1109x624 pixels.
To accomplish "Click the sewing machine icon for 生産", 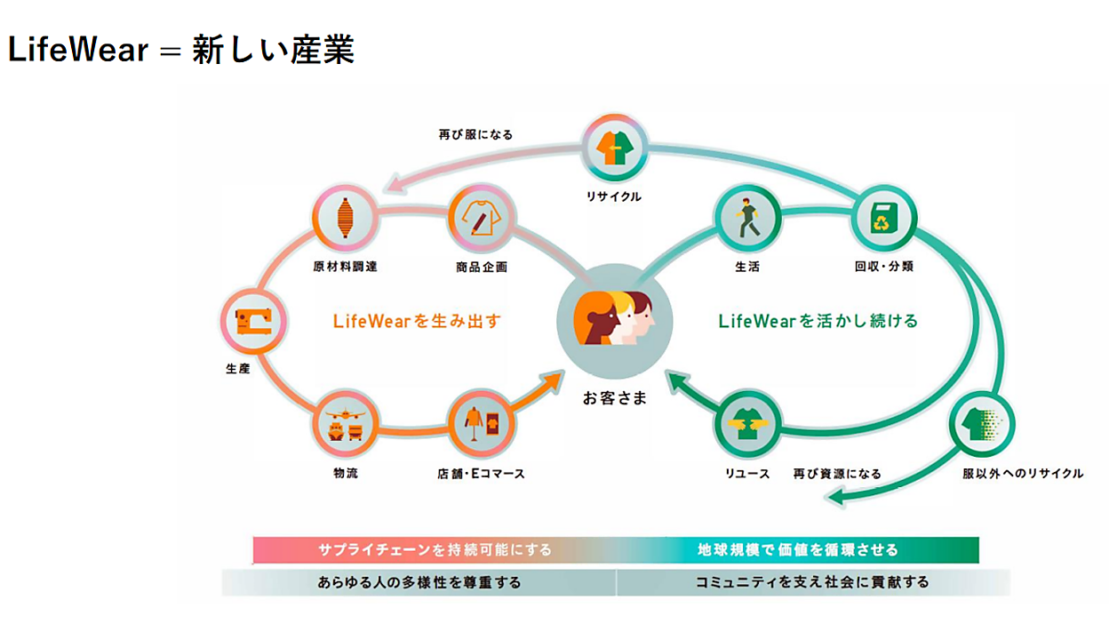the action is tap(253, 322).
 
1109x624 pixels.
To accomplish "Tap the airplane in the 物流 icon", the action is tap(345, 413).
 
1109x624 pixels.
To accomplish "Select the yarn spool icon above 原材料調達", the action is tap(345, 218).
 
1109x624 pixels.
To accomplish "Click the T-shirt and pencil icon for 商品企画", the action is tap(482, 218).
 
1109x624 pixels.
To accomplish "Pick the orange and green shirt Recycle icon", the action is tap(614, 148).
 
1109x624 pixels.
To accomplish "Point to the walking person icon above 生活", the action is tap(747, 218).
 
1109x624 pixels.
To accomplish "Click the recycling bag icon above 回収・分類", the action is tap(883, 218).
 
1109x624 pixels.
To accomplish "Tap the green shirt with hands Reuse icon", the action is tap(747, 424).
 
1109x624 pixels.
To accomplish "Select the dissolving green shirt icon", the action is tap(982, 424).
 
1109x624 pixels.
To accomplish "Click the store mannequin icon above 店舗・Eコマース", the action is tap(482, 424).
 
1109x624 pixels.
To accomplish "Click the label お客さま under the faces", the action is tap(614, 398).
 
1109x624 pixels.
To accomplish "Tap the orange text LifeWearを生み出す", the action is tap(417, 322).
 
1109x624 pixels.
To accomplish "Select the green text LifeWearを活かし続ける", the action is tap(818, 322).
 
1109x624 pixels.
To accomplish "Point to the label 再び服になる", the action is tap(475, 135).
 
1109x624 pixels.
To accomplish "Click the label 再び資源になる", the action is tap(837, 474).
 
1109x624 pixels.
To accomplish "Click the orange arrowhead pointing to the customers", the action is tap(553, 380).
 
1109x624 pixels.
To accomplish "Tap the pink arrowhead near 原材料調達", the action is tap(397, 183).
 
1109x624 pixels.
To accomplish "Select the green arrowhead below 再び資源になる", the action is tap(836, 497).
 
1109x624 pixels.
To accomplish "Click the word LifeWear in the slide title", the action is tap(78, 50).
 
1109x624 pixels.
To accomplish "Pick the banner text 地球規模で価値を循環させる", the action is tap(798, 549).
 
